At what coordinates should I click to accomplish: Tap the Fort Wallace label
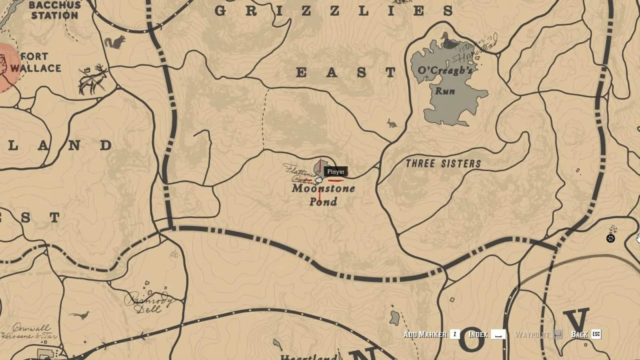35,62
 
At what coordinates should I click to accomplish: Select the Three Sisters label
443,163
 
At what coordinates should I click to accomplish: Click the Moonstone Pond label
323,195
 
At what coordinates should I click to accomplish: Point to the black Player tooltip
336,172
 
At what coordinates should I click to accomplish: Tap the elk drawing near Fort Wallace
94,79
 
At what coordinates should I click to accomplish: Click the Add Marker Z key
455,334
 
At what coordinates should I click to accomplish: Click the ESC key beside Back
596,334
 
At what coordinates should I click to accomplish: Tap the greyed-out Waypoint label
532,334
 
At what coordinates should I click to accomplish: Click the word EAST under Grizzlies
346,72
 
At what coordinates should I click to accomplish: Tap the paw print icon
610,239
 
